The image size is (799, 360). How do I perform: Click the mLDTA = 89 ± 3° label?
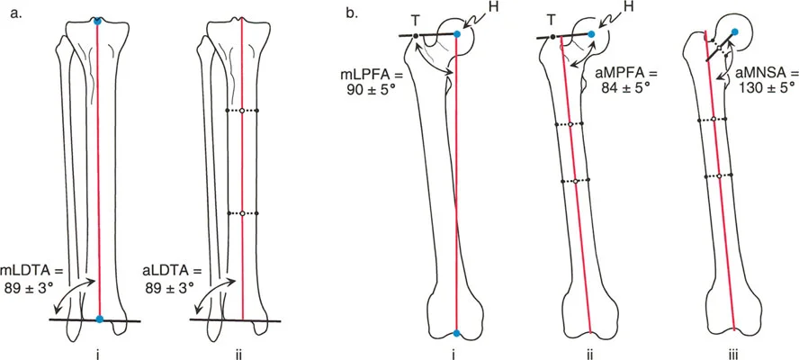(x=32, y=277)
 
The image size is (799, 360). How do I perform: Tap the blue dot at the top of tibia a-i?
(x=98, y=20)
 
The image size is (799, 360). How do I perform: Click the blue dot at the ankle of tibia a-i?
(x=99, y=319)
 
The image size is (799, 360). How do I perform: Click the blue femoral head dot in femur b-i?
(x=457, y=33)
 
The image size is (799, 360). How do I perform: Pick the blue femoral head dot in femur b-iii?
(x=735, y=32)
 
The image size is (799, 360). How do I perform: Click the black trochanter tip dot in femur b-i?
(x=416, y=35)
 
